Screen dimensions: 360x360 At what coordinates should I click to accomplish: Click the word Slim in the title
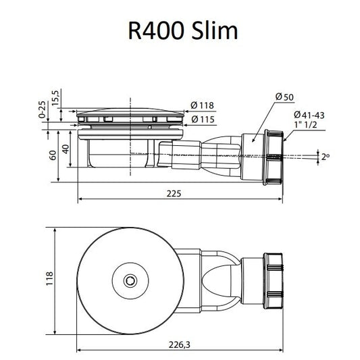coord(214,30)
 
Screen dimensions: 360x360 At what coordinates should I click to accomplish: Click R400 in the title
coord(156,31)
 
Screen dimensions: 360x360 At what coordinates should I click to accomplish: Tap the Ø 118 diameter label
coord(202,105)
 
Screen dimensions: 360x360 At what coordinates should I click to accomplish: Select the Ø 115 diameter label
coord(203,120)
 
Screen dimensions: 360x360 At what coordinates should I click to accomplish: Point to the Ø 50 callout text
coord(284,97)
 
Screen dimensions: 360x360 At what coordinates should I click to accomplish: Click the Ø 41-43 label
coord(309,115)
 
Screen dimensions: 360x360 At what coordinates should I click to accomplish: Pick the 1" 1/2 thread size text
coord(306,125)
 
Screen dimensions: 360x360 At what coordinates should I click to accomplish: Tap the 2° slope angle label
coord(326,157)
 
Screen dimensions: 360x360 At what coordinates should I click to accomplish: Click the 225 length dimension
coord(174,194)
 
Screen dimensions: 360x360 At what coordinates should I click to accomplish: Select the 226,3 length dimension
coord(179,344)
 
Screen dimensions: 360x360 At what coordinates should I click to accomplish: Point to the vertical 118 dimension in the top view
coord(49,278)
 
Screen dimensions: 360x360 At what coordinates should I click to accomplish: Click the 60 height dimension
coord(53,155)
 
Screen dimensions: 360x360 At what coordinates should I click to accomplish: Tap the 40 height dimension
coord(66,149)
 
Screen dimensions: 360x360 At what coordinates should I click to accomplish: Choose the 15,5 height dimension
coord(55,98)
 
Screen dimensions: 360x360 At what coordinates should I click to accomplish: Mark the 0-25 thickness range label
coord(42,109)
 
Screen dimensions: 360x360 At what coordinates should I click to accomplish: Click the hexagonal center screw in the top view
coord(130,280)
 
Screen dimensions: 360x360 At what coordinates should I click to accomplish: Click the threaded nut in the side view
coord(274,157)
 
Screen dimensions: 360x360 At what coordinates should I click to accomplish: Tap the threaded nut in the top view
coord(274,282)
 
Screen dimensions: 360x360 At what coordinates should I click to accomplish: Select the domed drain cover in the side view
coord(130,112)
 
